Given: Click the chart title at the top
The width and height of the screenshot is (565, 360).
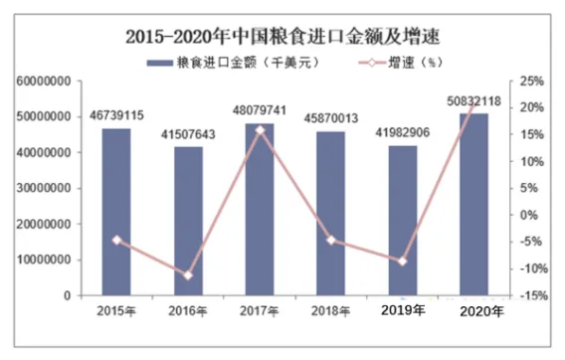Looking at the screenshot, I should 282,37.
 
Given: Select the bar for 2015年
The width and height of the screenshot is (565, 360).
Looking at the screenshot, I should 116,211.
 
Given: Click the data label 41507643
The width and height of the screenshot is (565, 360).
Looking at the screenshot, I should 188,134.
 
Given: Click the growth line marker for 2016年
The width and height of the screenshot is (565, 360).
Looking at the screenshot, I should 188,275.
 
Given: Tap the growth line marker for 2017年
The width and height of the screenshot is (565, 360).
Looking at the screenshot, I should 260,129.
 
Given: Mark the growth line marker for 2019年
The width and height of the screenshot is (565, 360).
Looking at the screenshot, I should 403,261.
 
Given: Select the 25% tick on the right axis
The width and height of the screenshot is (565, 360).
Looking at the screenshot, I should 531,81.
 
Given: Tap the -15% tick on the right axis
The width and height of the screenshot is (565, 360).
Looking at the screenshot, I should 531,295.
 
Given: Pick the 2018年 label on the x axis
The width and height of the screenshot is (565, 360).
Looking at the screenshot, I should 331,311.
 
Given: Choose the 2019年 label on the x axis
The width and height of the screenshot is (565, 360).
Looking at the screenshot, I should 403,310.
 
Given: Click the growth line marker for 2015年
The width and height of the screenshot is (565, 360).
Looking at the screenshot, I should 116,240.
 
